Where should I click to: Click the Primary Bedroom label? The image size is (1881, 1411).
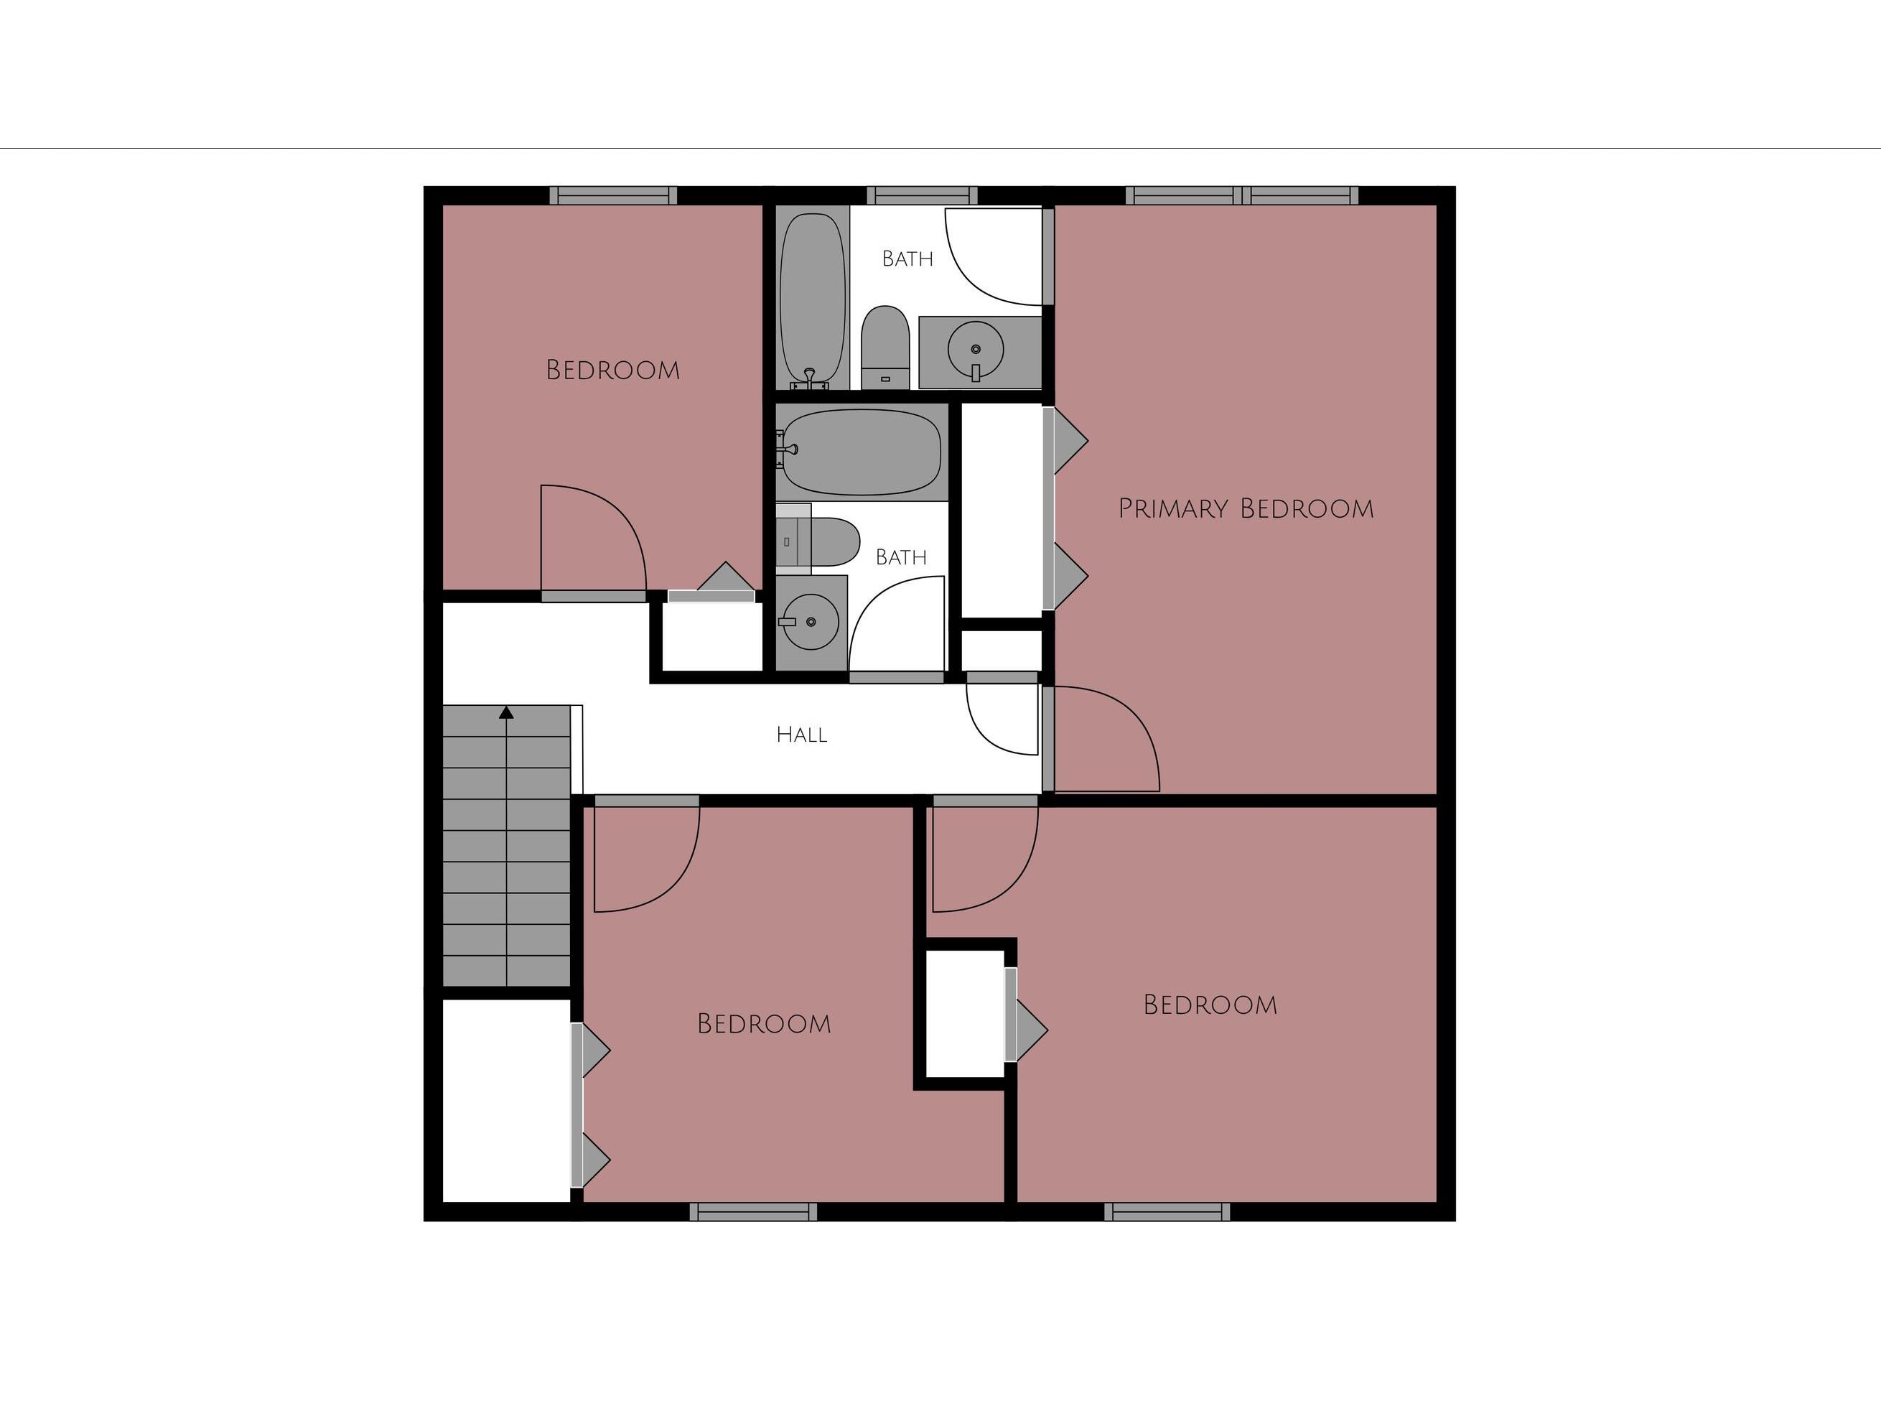(1246, 508)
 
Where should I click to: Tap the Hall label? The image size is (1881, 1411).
(802, 735)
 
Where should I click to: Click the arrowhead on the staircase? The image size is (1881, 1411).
(507, 713)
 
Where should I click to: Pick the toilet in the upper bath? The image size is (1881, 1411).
(885, 348)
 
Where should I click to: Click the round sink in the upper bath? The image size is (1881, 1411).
(976, 349)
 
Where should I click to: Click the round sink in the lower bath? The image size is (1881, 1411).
(811, 622)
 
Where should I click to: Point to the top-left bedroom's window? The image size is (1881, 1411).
(613, 195)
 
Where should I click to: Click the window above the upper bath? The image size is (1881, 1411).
(922, 195)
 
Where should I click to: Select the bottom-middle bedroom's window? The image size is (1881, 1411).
(753, 1212)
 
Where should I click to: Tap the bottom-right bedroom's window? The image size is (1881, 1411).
(1167, 1212)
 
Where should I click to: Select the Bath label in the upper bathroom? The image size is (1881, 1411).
(907, 259)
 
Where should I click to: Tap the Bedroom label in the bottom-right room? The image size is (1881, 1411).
(1210, 1005)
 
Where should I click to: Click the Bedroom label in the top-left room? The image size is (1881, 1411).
(612, 370)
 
